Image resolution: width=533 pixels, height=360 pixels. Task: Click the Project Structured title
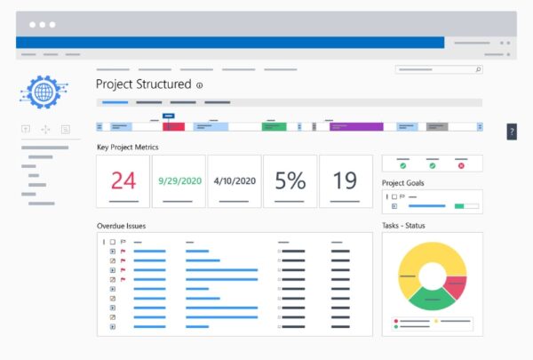click(x=143, y=84)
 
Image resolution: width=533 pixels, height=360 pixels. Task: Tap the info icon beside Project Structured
click(x=199, y=86)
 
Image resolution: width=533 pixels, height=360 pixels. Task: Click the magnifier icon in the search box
click(x=478, y=68)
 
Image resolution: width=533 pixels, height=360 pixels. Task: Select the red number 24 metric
click(x=123, y=181)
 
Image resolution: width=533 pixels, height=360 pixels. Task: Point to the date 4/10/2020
click(x=235, y=180)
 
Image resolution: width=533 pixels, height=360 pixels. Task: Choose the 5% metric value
click(x=290, y=181)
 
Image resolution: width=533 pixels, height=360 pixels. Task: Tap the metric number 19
click(x=345, y=181)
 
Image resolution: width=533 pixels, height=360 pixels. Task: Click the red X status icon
click(x=460, y=165)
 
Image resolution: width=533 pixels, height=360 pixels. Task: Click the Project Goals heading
click(x=402, y=183)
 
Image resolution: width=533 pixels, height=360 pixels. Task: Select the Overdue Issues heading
click(x=122, y=226)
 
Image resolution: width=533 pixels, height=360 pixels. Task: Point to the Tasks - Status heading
click(x=403, y=226)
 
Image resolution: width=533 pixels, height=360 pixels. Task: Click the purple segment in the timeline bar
click(x=356, y=127)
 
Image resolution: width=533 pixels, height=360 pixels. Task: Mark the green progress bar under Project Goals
click(x=460, y=206)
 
